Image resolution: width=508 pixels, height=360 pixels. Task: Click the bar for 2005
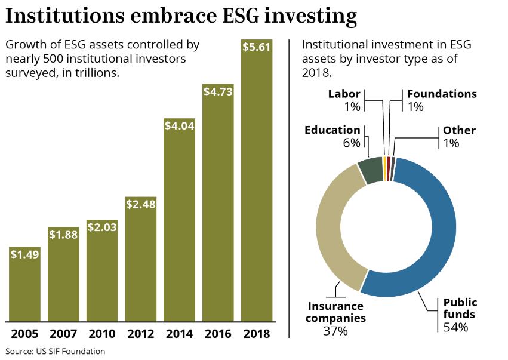pyautogui.click(x=24, y=284)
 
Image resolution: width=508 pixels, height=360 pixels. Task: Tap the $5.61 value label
pyautogui.click(x=257, y=47)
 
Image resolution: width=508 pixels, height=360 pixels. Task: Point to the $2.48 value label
pyautogui.click(x=141, y=204)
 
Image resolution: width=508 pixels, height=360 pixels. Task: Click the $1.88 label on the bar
pyautogui.click(x=63, y=235)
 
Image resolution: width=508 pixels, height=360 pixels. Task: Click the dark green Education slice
pyautogui.click(x=369, y=171)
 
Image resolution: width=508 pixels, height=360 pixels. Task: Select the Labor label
pyautogui.click(x=344, y=94)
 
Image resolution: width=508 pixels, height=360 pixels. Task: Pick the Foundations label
pyautogui.click(x=442, y=94)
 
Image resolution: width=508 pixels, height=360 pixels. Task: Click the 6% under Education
pyautogui.click(x=352, y=143)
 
